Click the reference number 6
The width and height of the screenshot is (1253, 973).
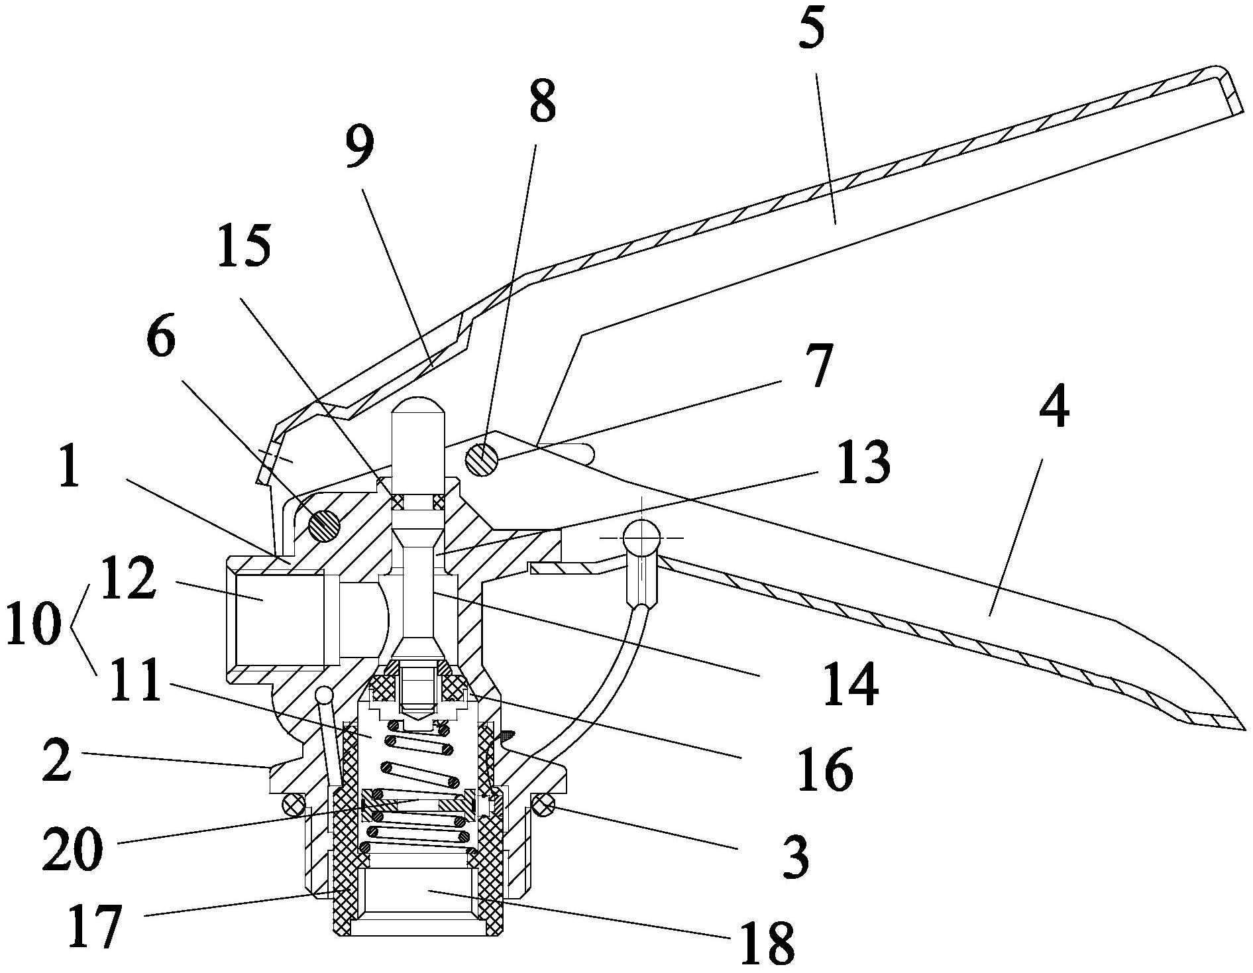point(161,340)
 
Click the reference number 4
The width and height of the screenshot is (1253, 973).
point(1054,410)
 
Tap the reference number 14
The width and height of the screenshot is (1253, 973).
point(851,684)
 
